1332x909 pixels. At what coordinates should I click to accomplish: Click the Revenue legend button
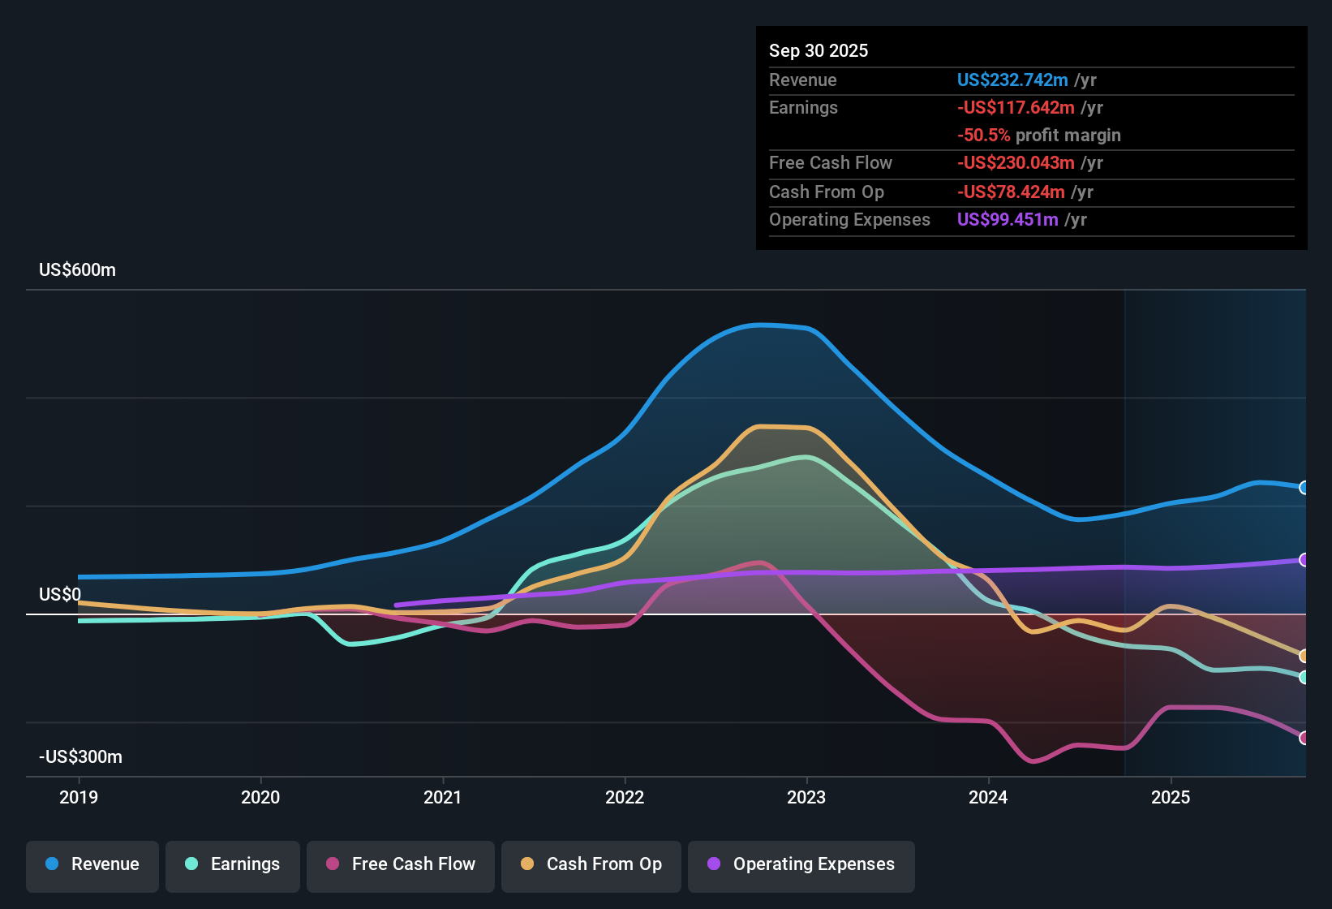(92, 864)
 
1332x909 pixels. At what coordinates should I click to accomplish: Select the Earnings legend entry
(233, 864)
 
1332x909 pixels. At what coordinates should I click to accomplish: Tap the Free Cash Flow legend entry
(401, 864)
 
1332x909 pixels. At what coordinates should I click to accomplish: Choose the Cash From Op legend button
(591, 864)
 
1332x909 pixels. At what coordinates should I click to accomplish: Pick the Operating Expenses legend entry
(801, 864)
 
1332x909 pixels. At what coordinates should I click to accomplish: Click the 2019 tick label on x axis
(79, 797)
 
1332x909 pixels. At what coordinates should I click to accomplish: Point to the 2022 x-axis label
(625, 797)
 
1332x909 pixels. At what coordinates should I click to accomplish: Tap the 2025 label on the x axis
(1171, 797)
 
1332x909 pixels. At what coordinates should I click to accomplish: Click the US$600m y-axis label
(77, 270)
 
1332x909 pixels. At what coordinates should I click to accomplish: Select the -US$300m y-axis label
(80, 757)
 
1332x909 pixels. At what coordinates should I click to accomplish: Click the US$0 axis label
(60, 595)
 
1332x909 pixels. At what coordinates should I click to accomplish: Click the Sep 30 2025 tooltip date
(818, 51)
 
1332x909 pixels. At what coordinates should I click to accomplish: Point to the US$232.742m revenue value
(1012, 80)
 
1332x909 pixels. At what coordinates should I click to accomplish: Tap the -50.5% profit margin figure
(983, 136)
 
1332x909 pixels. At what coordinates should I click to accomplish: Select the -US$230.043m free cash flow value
(1015, 163)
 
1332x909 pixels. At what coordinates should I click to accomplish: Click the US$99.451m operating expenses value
(1007, 220)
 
